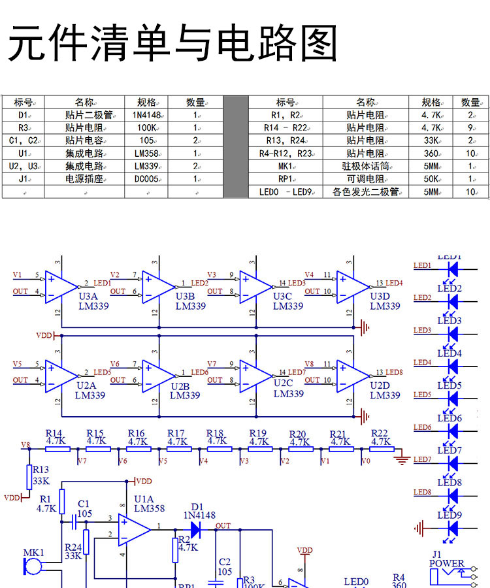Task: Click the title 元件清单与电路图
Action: click(172, 44)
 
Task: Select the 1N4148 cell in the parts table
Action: click(146, 115)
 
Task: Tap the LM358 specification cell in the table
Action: click(147, 153)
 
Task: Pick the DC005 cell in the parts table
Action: click(146, 178)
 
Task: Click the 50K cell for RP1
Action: click(431, 178)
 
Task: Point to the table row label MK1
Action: click(285, 166)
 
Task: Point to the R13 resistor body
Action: click(29, 478)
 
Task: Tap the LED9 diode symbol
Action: click(450, 527)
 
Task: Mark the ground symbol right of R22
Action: click(402, 459)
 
